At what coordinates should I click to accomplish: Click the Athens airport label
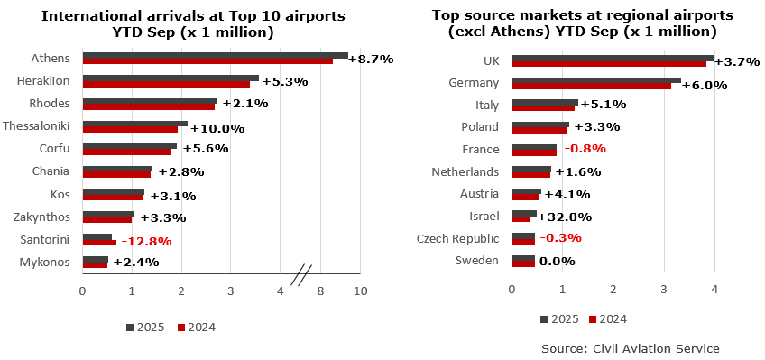tap(51, 59)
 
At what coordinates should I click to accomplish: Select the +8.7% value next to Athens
tap(370, 59)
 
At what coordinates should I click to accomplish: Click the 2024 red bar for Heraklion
tap(166, 84)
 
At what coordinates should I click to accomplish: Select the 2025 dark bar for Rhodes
tap(150, 101)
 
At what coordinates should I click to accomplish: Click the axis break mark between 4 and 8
tap(303, 271)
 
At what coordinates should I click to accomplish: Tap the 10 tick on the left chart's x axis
tap(360, 291)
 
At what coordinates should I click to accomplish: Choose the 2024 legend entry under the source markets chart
tap(607, 318)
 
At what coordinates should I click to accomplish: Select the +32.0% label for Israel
tap(565, 217)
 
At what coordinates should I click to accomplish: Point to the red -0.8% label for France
tap(585, 149)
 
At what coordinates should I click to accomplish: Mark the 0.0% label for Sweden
tap(557, 262)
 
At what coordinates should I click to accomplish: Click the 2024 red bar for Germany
tap(591, 87)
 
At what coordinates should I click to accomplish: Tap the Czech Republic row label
tap(457, 238)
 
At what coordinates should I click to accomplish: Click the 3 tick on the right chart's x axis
tap(663, 289)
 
